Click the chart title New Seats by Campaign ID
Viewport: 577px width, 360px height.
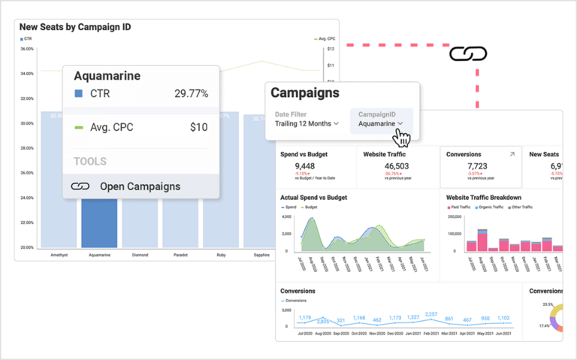tap(75, 27)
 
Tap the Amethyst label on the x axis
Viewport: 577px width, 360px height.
tap(59, 255)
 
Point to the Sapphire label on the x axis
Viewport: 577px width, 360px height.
tap(262, 255)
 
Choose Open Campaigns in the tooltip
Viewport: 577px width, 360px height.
tap(140, 186)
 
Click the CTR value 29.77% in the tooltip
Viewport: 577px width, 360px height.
tap(191, 94)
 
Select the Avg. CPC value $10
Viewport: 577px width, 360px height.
tap(198, 127)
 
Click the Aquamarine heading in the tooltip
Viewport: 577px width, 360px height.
tap(107, 76)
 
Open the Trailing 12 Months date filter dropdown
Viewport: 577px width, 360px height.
tap(306, 123)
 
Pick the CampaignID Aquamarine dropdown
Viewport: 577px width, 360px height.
tap(381, 123)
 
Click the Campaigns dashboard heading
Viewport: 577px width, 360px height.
tap(304, 93)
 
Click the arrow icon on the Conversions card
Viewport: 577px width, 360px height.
tap(512, 154)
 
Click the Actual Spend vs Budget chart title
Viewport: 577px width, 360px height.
tap(313, 198)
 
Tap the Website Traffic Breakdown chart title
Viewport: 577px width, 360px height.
tap(483, 198)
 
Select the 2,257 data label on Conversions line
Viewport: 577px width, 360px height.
tap(431, 314)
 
